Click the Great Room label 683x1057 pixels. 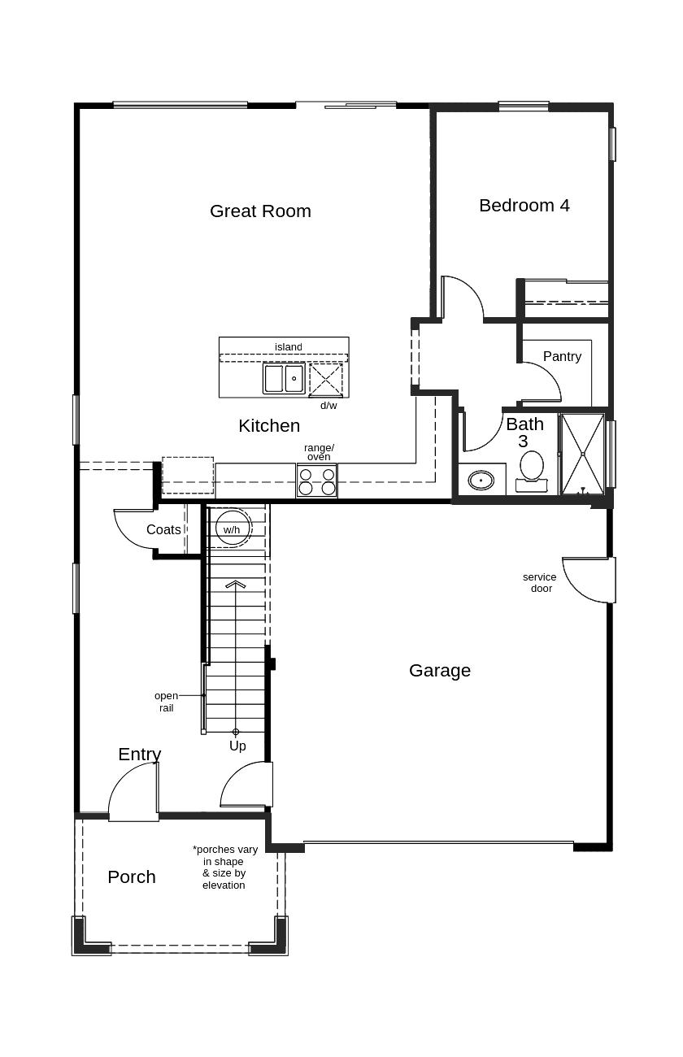[260, 211]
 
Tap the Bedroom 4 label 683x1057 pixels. [524, 205]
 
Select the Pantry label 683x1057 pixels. [562, 356]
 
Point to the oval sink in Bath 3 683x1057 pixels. [481, 481]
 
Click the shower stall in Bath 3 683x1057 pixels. [583, 454]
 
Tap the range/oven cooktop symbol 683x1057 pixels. [317, 480]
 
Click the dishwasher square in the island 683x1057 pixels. [326, 380]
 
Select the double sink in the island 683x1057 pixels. [284, 378]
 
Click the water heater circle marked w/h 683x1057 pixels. [231, 528]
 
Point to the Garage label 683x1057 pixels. [440, 671]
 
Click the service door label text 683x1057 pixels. [540, 583]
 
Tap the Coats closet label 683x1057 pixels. [163, 529]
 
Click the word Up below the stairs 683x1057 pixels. [237, 746]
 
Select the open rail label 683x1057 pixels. [166, 702]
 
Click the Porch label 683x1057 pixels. [132, 876]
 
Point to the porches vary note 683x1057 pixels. [225, 867]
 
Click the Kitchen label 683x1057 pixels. [269, 425]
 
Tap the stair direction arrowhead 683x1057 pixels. [236, 585]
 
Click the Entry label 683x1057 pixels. [140, 755]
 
